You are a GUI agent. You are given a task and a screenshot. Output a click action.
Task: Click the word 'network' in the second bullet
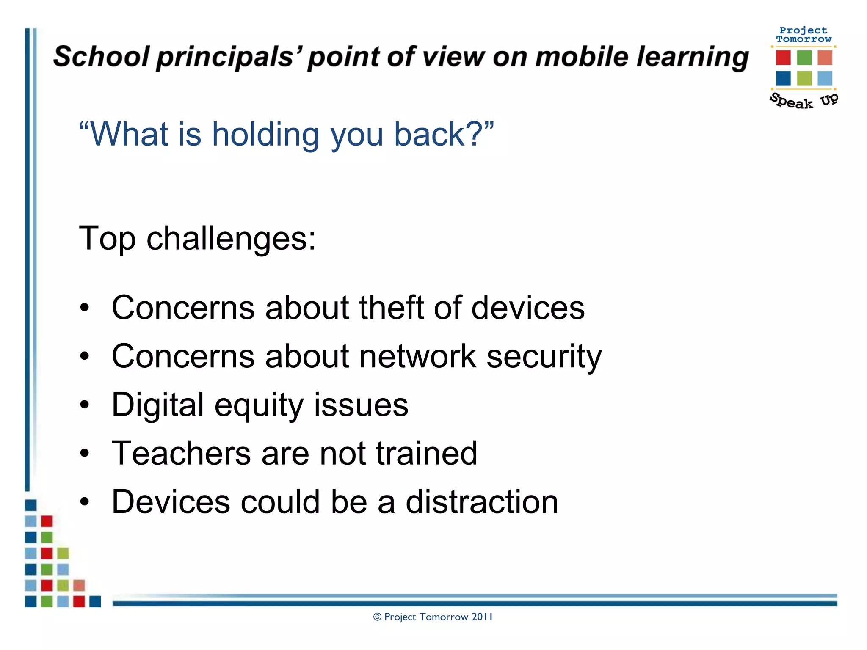point(417,356)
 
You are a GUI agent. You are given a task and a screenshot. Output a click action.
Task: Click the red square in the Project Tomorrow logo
point(783,58)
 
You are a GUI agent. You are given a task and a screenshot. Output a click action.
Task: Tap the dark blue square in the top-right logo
point(783,78)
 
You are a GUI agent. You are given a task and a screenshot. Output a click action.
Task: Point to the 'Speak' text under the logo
point(791,101)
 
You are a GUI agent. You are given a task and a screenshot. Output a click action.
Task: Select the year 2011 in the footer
point(482,617)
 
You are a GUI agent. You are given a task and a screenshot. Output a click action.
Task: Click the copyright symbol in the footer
point(377,617)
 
